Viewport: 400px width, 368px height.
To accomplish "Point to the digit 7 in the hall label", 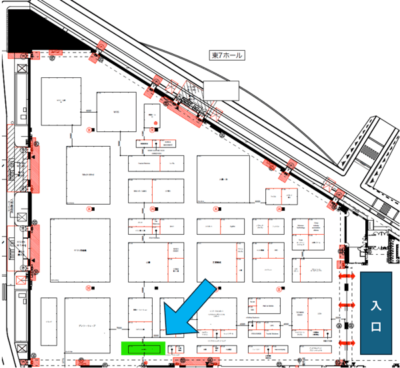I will tap(220, 55).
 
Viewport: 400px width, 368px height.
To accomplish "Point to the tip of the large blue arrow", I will tap(165, 333).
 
